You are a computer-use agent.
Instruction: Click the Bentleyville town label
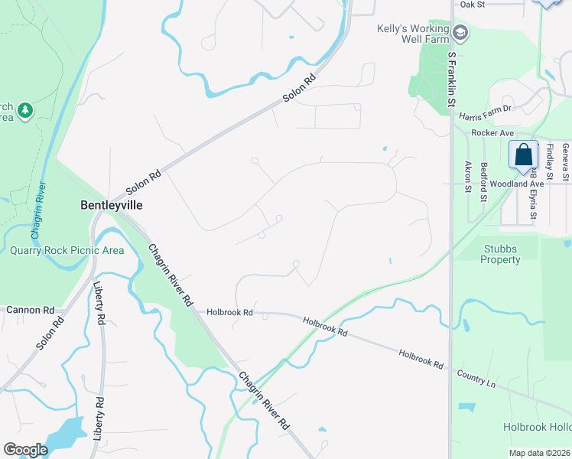tap(112, 205)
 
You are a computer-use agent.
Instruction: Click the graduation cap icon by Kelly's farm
tap(460, 33)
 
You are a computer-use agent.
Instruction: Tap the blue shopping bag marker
tap(524, 155)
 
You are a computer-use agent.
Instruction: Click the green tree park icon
tap(25, 111)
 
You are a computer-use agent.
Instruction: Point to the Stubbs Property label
tap(501, 254)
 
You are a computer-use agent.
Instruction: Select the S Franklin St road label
tap(451, 79)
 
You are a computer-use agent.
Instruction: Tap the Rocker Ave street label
tap(491, 132)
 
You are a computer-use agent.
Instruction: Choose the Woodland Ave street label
tap(517, 184)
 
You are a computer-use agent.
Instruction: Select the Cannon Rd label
tap(31, 311)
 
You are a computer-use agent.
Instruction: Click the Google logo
tap(25, 449)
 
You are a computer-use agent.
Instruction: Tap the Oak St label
tap(473, 4)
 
